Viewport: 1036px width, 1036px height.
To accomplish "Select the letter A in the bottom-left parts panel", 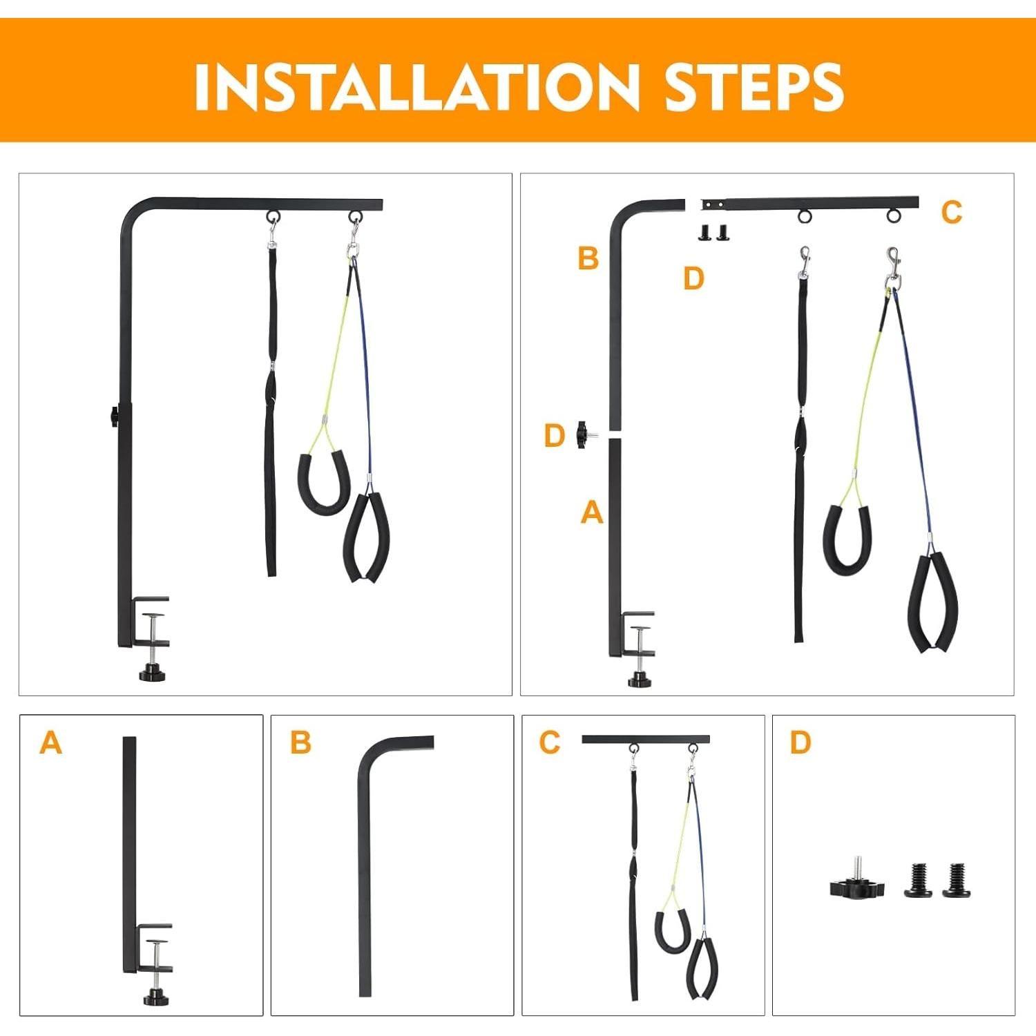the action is (x=50, y=743).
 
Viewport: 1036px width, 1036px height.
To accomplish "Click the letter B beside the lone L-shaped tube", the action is (x=300, y=743).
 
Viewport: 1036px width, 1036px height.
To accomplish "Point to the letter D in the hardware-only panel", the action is (x=800, y=743).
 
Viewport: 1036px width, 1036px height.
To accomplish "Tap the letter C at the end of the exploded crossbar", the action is (x=952, y=213).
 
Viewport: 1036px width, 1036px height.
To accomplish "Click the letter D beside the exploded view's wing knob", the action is (x=555, y=436).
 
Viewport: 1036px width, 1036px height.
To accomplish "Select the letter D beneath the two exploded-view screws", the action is (x=693, y=279).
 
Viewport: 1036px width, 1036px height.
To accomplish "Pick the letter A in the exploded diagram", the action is (x=592, y=512).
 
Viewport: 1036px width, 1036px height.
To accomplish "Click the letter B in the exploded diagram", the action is (x=588, y=258).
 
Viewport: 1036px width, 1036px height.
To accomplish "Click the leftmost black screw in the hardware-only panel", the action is (x=918, y=881).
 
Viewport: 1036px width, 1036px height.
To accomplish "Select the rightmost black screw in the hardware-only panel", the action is (x=957, y=881).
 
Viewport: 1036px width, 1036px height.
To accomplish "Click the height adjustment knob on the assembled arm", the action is (x=113, y=417).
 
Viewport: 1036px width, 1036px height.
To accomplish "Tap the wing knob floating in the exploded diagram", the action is (x=584, y=435).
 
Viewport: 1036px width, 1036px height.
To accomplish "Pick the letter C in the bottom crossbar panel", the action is (x=550, y=743).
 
